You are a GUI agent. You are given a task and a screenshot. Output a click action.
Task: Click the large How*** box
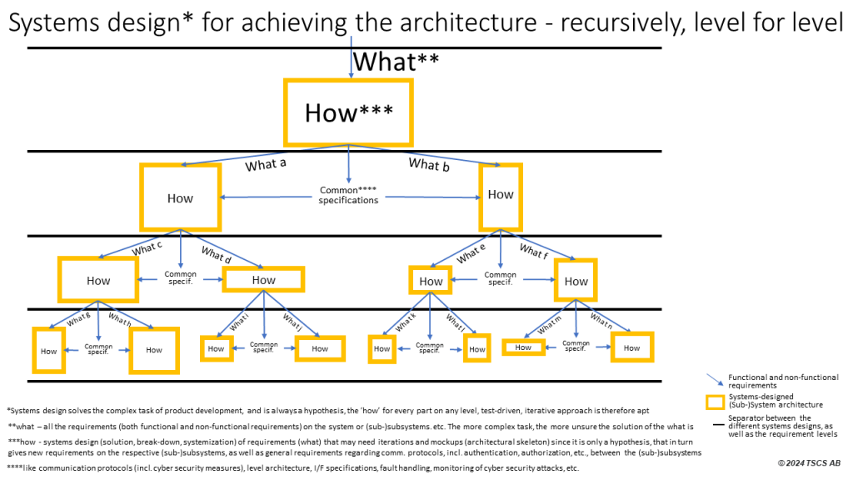348,112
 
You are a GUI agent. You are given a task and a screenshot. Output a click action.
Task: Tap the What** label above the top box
396,62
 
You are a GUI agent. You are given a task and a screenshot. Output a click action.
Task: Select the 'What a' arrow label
266,165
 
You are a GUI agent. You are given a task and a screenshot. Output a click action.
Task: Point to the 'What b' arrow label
429,164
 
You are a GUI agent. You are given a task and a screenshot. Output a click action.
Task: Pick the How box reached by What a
180,197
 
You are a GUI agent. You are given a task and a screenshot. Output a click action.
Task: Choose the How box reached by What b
500,195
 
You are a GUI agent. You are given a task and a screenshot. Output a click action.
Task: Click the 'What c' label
148,247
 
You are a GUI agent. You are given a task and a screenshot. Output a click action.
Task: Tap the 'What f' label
534,249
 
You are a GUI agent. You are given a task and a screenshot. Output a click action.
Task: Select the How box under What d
263,280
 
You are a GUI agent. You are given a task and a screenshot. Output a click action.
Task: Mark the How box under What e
431,281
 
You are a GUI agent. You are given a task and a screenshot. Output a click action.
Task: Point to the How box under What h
154,350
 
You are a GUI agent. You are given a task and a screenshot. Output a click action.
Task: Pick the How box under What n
631,347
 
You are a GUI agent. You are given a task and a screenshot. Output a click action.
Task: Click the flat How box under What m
523,347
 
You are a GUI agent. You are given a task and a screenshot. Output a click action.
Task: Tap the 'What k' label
406,319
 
